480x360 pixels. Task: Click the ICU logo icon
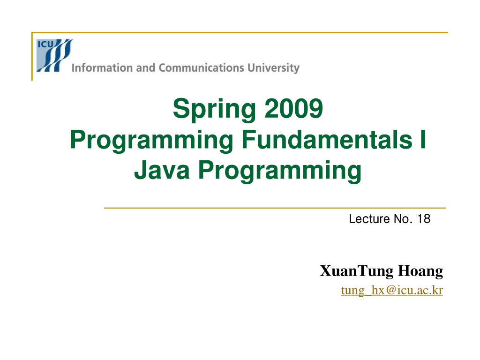click(x=54, y=55)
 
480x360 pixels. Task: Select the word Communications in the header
click(x=202, y=67)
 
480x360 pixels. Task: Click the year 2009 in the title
click(x=293, y=108)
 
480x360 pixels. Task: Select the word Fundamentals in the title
click(x=327, y=139)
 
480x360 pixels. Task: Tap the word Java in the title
click(x=162, y=170)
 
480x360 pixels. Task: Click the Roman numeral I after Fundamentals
click(x=423, y=139)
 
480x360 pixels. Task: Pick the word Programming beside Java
click(x=280, y=171)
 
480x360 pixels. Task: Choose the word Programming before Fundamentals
click(x=151, y=141)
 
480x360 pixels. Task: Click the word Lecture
click(x=369, y=219)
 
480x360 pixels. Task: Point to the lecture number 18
click(x=424, y=219)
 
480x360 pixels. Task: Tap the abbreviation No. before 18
click(x=403, y=219)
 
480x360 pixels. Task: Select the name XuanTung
click(x=357, y=271)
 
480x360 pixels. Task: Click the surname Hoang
click(x=420, y=271)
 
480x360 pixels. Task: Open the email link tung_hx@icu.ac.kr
click(x=392, y=290)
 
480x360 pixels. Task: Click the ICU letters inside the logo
click(x=45, y=44)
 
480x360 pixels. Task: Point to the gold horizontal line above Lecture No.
click(x=275, y=208)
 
